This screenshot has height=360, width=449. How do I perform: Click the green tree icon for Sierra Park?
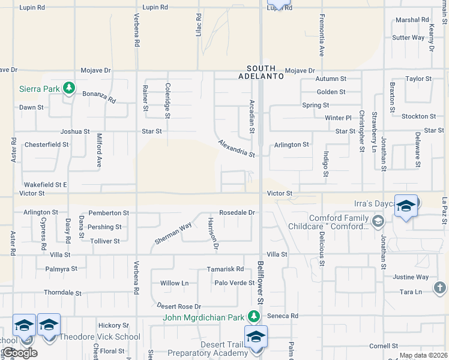70,88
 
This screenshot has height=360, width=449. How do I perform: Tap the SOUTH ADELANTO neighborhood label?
261,72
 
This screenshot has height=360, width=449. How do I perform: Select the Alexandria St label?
237,148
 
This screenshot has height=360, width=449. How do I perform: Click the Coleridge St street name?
167,100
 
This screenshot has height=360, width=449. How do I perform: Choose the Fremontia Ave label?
322,35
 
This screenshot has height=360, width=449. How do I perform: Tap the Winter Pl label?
337,118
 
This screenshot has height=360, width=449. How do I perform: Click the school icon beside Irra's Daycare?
406,206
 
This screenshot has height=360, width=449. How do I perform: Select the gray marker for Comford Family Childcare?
378,222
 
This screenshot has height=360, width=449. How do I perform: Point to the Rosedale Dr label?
237,212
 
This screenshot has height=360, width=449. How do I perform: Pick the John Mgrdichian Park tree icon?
255,316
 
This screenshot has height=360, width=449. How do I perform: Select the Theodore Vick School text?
100,337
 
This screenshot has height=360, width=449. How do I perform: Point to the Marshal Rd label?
412,20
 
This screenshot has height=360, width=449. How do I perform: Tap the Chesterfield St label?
46,145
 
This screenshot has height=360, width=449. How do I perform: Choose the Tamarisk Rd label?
225,269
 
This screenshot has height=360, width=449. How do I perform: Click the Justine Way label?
411,277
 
